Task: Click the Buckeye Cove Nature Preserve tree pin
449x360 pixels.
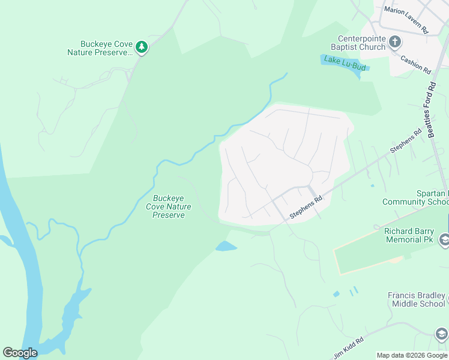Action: tap(141, 47)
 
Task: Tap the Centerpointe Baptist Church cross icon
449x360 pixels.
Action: tap(395, 42)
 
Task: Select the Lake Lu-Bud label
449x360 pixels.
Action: tap(345, 63)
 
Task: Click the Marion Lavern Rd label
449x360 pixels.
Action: tap(406, 28)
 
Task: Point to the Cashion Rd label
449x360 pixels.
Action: tap(416, 65)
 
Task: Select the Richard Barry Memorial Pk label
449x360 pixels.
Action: tap(411, 235)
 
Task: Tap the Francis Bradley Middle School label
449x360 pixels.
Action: tap(417, 299)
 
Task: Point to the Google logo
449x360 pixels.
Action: tap(19, 353)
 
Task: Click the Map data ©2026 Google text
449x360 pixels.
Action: tap(412, 355)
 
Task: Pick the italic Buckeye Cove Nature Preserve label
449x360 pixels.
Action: tap(169, 206)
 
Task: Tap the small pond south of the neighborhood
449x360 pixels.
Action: tap(226, 246)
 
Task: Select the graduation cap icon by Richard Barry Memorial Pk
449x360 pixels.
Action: tap(444, 241)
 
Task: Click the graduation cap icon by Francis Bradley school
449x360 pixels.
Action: tap(441, 333)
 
